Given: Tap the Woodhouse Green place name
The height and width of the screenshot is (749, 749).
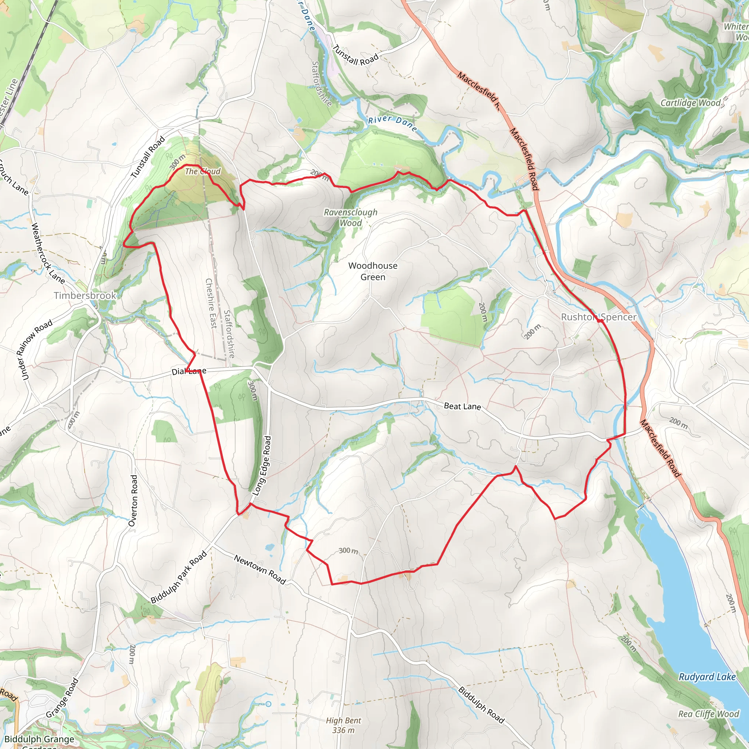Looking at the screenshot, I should click(x=373, y=271).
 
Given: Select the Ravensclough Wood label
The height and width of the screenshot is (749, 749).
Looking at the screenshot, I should click(x=350, y=218).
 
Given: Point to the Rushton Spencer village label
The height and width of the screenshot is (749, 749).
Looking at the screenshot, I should click(x=599, y=317).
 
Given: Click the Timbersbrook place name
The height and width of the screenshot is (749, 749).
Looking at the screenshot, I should click(x=85, y=296).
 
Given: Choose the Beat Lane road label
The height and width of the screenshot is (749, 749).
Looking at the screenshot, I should click(x=462, y=406).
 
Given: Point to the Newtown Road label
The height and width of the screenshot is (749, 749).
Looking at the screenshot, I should click(x=260, y=569).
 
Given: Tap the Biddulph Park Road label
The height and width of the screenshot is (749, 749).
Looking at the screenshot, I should click(x=179, y=577).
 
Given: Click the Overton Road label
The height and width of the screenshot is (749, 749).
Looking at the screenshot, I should click(x=133, y=501).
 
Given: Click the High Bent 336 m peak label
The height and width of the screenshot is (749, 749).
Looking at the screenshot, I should click(x=343, y=725).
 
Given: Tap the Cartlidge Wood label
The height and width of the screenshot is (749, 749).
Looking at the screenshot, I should click(x=690, y=103).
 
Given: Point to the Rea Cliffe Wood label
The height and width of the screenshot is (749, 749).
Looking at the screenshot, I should click(x=708, y=714).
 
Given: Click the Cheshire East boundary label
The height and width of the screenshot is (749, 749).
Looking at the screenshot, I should click(x=211, y=303).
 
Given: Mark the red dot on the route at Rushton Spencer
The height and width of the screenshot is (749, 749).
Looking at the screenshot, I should click(x=599, y=321).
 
